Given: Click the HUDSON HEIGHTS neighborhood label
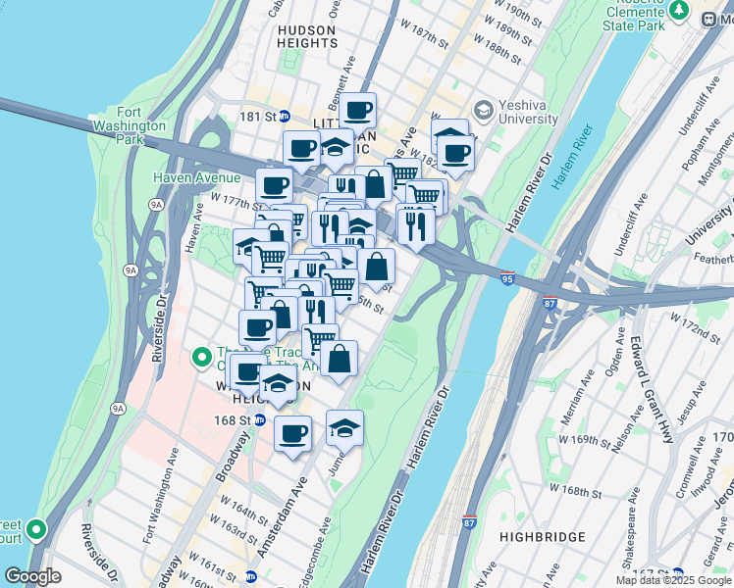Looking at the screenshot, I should [306, 36].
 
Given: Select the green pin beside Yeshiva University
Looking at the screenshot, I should [482, 108].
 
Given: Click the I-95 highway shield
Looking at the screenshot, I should [506, 278].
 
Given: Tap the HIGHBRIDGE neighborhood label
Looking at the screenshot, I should [542, 537].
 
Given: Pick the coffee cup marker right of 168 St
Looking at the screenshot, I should [292, 433].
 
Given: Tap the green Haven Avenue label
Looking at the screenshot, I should [196, 177].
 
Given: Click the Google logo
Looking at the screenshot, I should [32, 576].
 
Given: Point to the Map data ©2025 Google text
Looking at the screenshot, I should [674, 580].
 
